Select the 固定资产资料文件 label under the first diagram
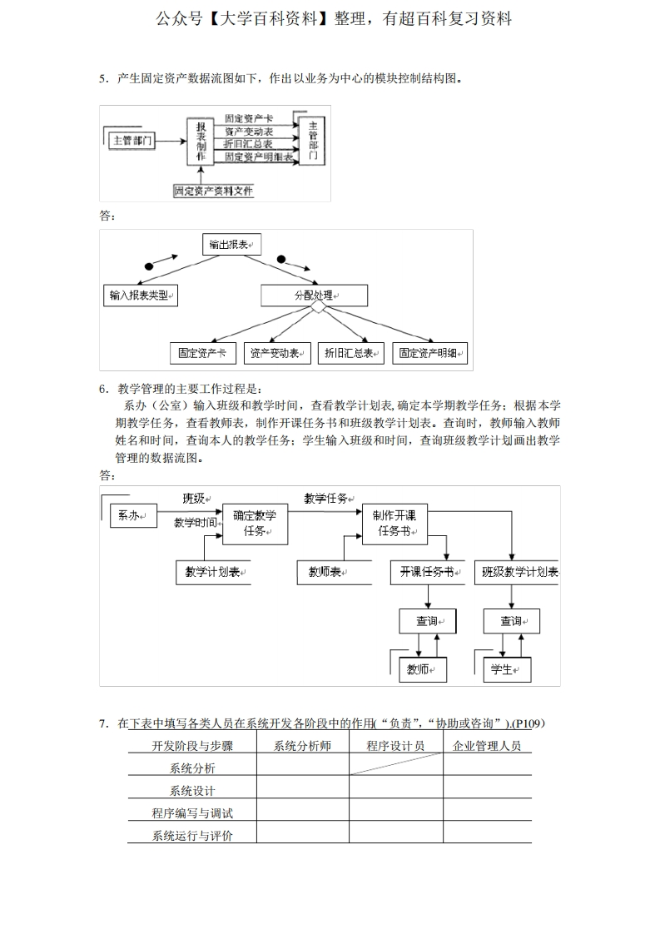(x=214, y=191)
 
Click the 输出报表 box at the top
(x=231, y=245)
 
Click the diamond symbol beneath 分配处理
(x=318, y=308)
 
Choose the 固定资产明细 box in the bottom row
(x=429, y=353)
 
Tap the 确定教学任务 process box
(x=255, y=524)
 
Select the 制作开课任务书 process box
(x=395, y=524)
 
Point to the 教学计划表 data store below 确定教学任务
(x=213, y=572)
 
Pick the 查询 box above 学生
(x=511, y=621)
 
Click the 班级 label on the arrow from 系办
(x=194, y=499)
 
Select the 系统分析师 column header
(x=302, y=746)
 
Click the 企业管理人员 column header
(x=487, y=746)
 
